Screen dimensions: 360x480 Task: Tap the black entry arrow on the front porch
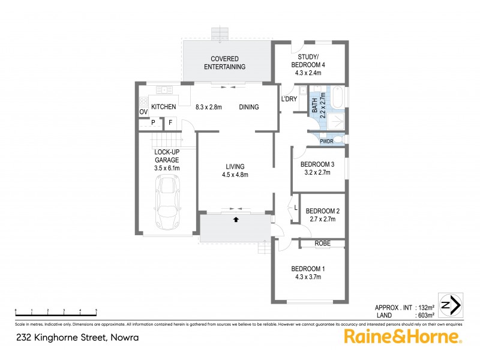click(x=235, y=220)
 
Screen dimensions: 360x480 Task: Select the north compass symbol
click(x=450, y=305)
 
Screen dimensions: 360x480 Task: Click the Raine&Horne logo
click(x=402, y=336)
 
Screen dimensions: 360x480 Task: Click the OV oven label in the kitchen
click(x=143, y=112)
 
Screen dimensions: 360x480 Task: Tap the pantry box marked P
click(x=154, y=124)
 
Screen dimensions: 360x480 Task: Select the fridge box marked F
click(x=170, y=124)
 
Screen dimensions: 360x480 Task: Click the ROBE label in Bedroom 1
click(x=322, y=243)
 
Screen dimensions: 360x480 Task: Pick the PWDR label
click(x=326, y=142)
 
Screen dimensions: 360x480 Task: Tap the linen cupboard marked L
click(x=295, y=208)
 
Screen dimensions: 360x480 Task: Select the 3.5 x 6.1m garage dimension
click(x=167, y=168)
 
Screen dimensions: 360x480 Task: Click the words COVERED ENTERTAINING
click(x=224, y=62)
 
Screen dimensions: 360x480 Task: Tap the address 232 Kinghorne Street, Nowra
click(x=77, y=337)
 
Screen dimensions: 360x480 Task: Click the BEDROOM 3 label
click(x=317, y=165)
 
